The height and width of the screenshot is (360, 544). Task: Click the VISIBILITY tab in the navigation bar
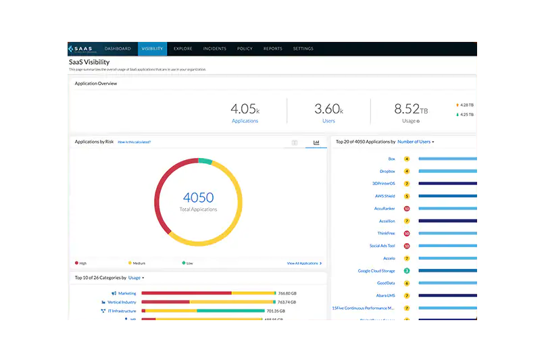(x=152, y=49)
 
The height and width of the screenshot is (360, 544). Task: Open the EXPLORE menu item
(x=182, y=49)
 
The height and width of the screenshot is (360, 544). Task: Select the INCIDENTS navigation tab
(x=214, y=49)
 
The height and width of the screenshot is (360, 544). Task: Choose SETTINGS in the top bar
(x=303, y=49)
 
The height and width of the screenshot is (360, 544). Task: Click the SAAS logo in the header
(x=82, y=49)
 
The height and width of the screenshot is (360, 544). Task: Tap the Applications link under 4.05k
(x=245, y=121)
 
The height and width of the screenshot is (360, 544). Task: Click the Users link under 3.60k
(x=328, y=121)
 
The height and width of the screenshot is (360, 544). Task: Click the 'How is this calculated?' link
(x=134, y=142)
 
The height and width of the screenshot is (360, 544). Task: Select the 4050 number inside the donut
(x=198, y=198)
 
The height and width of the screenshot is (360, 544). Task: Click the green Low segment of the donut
(x=205, y=161)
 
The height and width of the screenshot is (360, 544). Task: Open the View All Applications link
(x=303, y=263)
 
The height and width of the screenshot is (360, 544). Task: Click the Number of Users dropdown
(x=415, y=142)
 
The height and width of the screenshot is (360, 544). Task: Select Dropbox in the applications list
(x=387, y=172)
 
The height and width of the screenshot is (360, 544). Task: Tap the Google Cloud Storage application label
(x=376, y=271)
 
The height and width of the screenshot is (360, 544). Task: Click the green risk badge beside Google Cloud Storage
(x=407, y=271)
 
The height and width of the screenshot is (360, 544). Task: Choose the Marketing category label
(x=127, y=293)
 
